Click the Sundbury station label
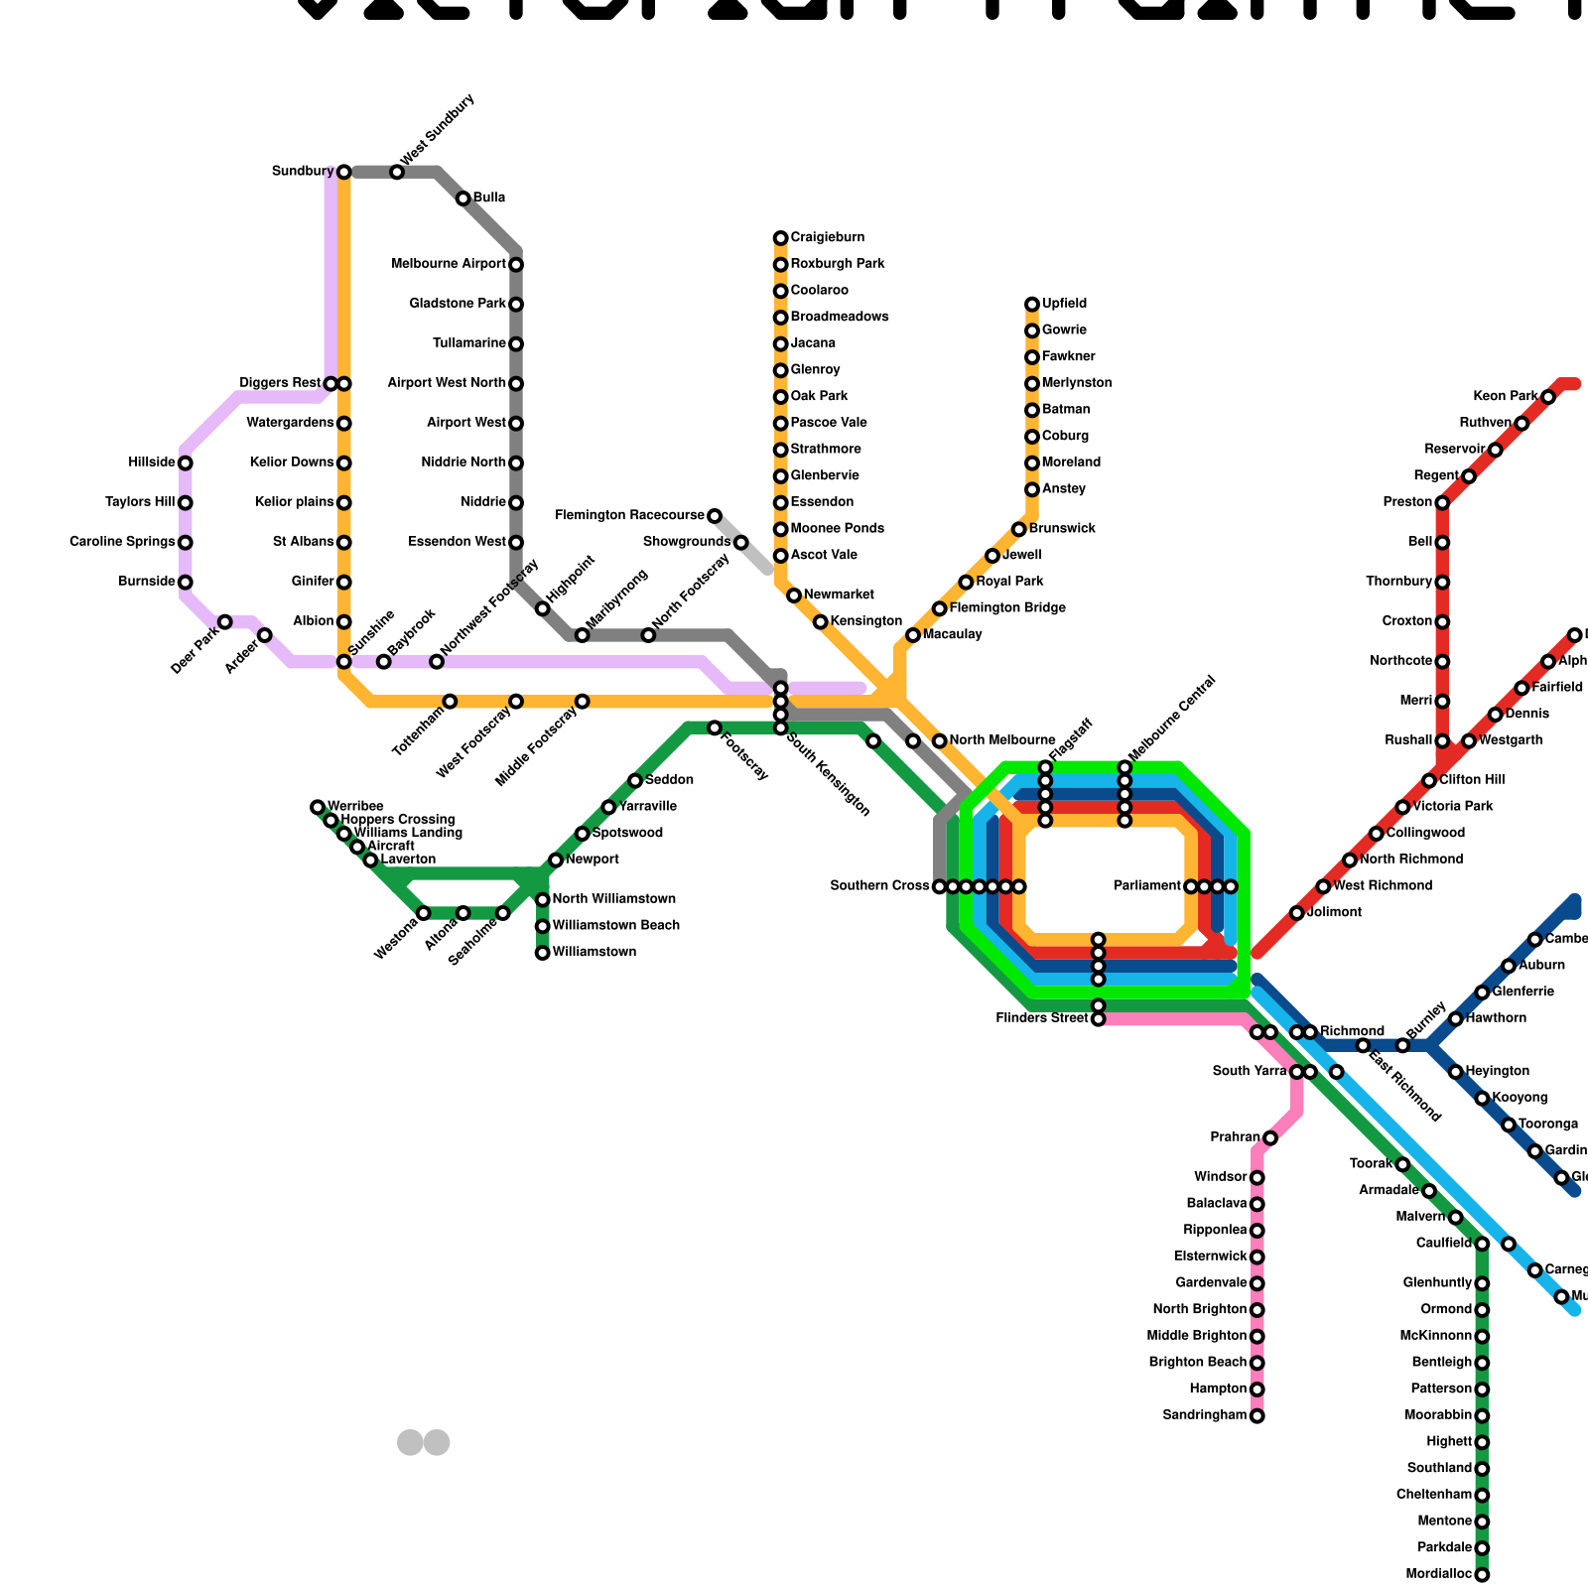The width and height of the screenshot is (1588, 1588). pos(303,172)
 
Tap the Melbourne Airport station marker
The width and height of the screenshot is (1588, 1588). pos(516,265)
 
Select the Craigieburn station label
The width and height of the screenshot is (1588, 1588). pos(827,238)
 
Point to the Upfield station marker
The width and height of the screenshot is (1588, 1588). pos(1032,304)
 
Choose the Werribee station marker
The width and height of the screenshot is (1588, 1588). pos(318,807)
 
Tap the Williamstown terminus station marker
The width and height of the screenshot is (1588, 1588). pos(542,953)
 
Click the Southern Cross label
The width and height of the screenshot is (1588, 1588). pos(879,886)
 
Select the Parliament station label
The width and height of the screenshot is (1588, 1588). pos(1147,886)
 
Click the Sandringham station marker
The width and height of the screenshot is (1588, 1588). pos(1257,1416)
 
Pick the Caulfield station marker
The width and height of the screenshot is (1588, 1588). pos(1482,1245)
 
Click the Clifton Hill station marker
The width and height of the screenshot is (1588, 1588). pos(1429,781)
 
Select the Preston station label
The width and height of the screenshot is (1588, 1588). pos(1407,503)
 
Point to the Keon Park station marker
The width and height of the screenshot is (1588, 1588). pos(1548,398)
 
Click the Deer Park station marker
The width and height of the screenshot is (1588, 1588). pos(225,622)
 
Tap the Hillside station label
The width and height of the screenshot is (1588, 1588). pos(152,463)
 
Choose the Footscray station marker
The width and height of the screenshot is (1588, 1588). pos(715,728)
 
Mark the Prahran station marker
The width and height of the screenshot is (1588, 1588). pos(1270,1138)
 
